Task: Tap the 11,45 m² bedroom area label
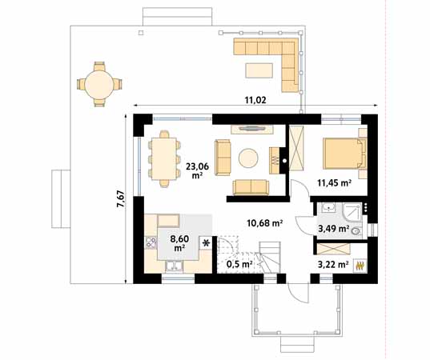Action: coord(336,182)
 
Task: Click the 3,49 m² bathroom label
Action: coord(332,230)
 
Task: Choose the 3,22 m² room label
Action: coord(332,263)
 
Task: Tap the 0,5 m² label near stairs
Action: coord(239,263)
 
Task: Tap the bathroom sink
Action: coord(328,210)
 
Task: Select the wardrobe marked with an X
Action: coord(297,150)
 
